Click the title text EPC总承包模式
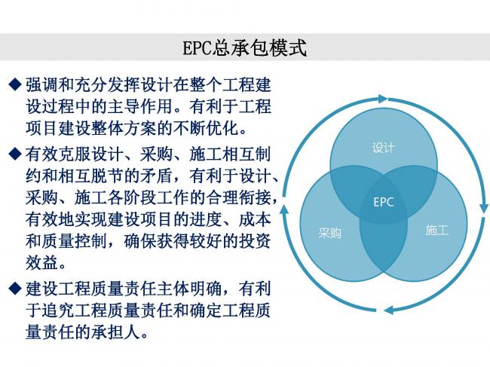click(245, 47)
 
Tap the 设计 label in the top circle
click(383, 148)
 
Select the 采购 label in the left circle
click(330, 233)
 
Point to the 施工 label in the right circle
click(436, 230)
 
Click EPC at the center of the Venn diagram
click(384, 202)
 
